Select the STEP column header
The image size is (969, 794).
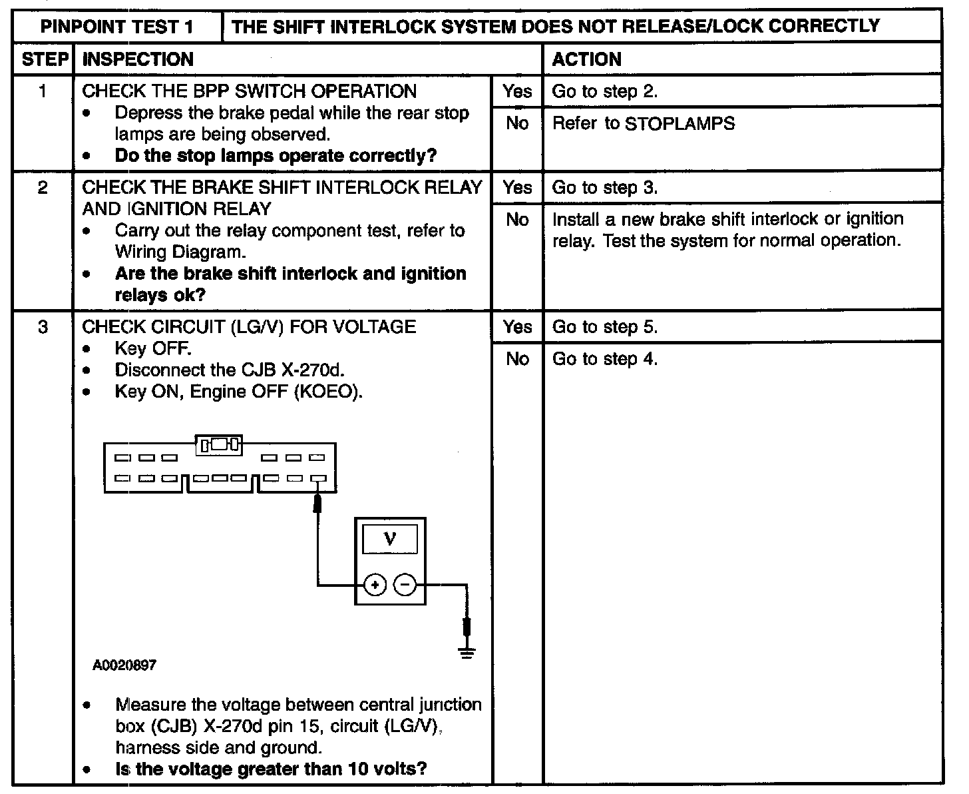[43, 59]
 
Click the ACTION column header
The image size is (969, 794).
[587, 59]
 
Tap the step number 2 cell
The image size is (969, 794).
[43, 188]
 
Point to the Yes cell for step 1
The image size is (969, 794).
[517, 91]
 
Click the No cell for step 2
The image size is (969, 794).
[517, 219]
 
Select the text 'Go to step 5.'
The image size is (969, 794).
[605, 327]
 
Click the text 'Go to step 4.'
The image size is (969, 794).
[605, 359]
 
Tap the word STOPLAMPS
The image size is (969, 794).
[680, 123]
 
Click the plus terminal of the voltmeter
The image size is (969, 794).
[375, 586]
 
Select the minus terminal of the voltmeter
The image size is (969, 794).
[405, 586]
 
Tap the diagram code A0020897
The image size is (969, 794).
[125, 665]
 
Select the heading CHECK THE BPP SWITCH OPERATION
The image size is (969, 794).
[250, 91]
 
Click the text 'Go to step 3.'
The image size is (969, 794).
[605, 188]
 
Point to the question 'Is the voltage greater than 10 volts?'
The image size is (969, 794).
[271, 769]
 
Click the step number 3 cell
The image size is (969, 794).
[43, 327]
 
